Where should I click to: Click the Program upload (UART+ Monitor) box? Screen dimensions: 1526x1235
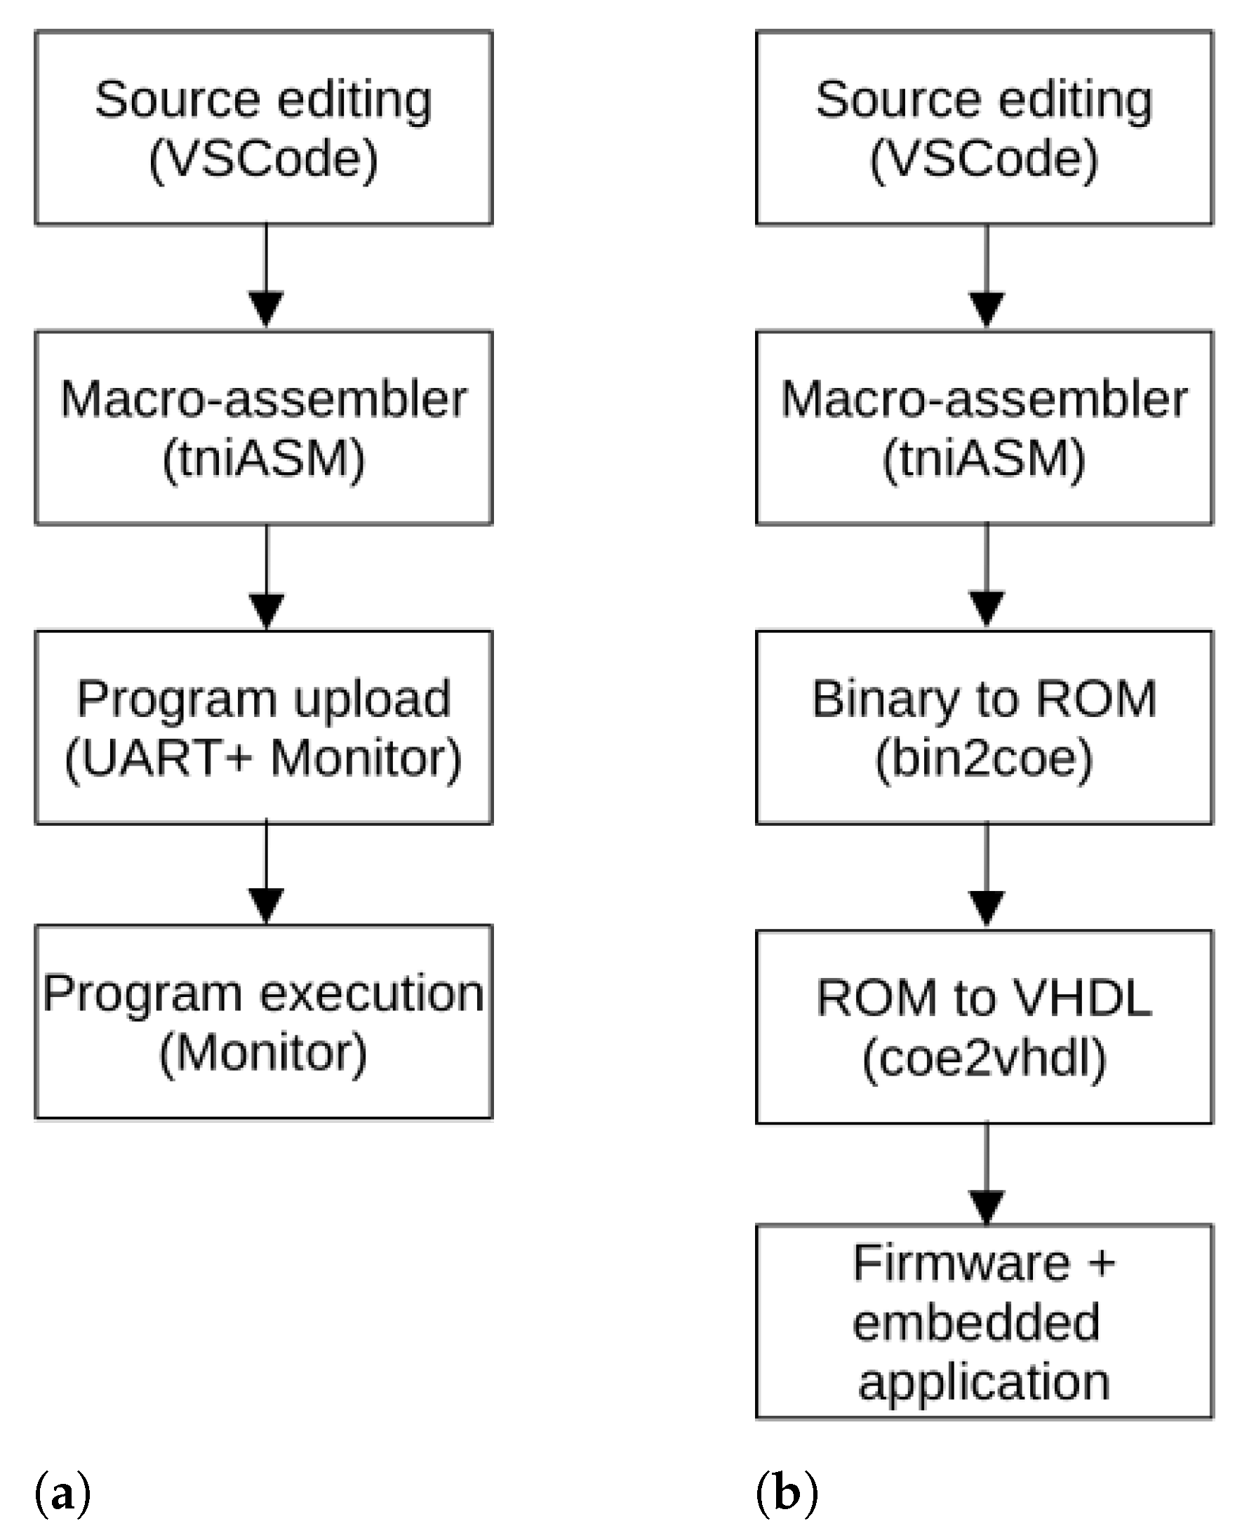tap(263, 727)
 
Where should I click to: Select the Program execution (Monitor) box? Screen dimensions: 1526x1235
tap(263, 1022)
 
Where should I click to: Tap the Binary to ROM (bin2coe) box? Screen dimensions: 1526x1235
tap(984, 727)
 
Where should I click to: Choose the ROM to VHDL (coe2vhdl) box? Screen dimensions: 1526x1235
tap(984, 1026)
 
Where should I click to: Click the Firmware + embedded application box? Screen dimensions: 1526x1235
tap(984, 1321)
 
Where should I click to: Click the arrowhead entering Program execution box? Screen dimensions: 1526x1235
tap(266, 905)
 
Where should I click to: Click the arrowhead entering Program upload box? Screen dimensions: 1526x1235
tap(266, 610)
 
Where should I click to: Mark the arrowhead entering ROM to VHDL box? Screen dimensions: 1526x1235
tap(987, 908)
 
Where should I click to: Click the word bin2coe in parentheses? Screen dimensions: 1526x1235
tap(984, 758)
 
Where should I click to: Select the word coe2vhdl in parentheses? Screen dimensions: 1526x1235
tap(984, 1058)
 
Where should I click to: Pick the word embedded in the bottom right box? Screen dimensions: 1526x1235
tap(976, 1322)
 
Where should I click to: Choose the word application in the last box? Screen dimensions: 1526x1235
tap(984, 1381)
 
